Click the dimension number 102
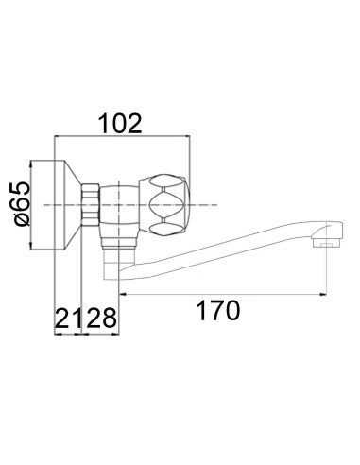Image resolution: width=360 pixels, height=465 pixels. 121,124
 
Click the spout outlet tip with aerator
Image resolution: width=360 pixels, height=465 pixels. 325,242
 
